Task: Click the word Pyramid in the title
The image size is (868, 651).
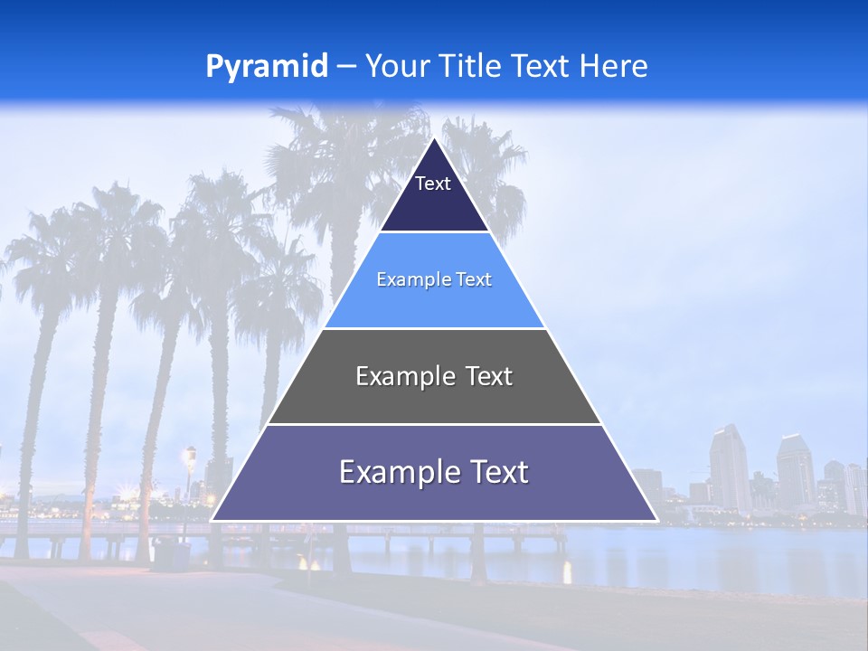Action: coord(267,66)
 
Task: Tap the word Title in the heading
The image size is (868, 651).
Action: coord(474,66)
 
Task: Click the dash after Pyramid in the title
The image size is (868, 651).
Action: coord(346,67)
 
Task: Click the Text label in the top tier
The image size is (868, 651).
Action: coord(433,184)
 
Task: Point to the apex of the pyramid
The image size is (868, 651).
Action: coord(434,139)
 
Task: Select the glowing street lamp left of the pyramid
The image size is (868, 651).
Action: coord(189,455)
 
